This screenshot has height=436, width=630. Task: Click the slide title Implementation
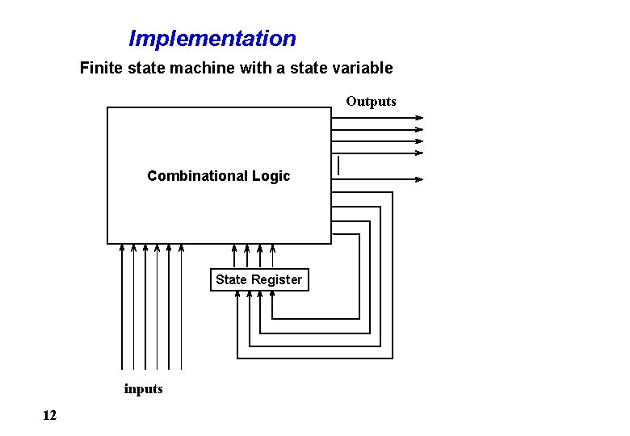point(212,38)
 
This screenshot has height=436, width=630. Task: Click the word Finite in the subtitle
point(98,68)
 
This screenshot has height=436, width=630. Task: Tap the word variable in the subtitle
point(365,68)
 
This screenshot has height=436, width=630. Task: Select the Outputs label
point(371,101)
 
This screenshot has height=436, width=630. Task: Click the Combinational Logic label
point(218,176)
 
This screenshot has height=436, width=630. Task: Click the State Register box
point(259,279)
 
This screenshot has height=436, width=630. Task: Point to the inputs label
point(143,388)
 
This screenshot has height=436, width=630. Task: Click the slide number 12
point(49,415)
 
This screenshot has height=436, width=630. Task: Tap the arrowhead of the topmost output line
point(419,118)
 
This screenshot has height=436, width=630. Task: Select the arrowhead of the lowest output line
point(419,179)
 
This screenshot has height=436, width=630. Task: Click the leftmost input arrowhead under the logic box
point(122,248)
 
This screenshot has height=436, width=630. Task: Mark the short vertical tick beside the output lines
point(338,165)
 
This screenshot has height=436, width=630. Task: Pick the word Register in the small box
point(276,279)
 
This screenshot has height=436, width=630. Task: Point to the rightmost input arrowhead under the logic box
point(180,248)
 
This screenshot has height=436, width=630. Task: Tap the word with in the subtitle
point(255,68)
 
